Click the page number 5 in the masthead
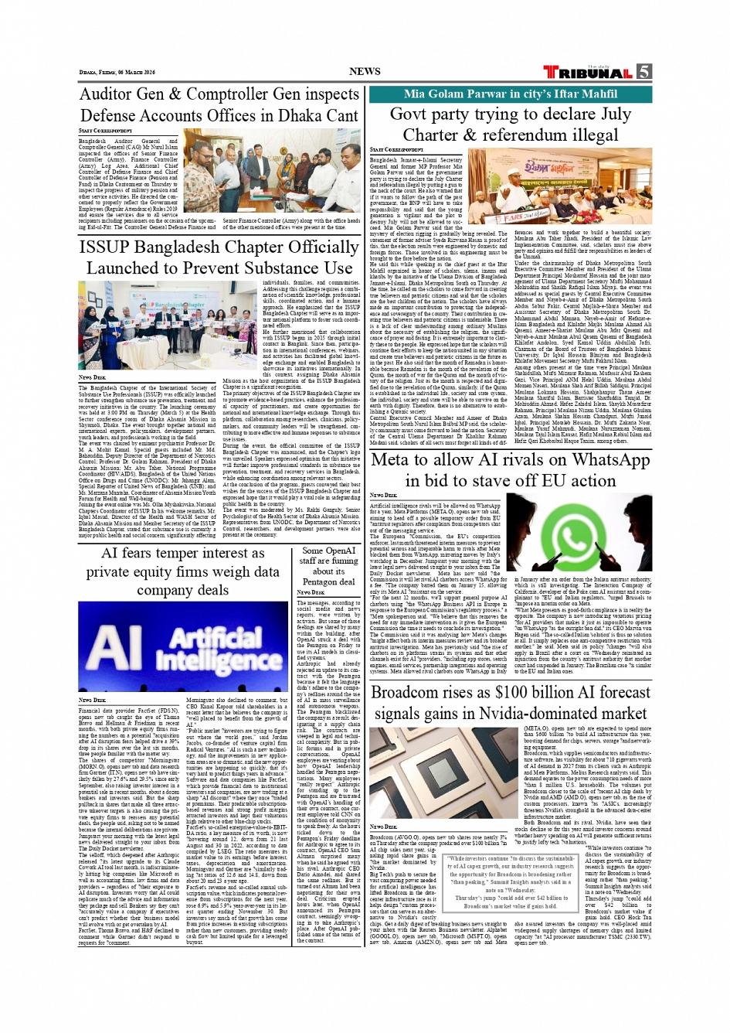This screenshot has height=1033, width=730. tap(643, 72)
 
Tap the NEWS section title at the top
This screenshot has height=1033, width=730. tap(365, 71)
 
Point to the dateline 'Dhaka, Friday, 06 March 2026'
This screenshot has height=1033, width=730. tap(117, 73)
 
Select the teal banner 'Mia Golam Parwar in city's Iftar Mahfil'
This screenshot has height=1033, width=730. tap(511, 94)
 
